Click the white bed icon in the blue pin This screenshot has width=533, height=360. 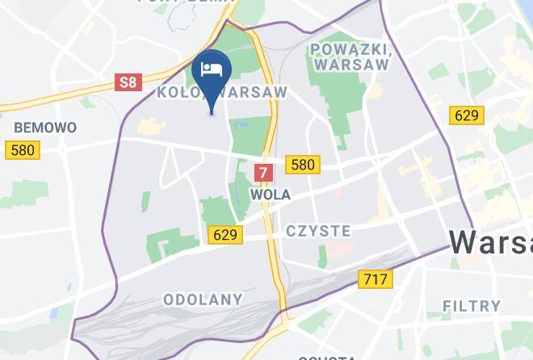pos(212,67)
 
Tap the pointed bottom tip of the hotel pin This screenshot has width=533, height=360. pos(212,114)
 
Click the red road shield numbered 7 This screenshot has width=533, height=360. pos(263,172)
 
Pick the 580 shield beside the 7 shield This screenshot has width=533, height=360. pos(302,165)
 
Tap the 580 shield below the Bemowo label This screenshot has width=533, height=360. pos(22,150)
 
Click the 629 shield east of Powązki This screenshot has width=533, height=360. pos(467,115)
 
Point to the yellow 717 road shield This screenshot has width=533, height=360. pos(376,279)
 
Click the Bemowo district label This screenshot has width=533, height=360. pos(45,128)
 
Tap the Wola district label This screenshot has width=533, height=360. pos(271,195)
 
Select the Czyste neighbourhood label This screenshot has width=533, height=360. pos(318,232)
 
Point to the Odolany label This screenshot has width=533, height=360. pos(203,299)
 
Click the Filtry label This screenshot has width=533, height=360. pos(472,305)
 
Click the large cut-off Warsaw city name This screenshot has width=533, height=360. pos(491,242)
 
